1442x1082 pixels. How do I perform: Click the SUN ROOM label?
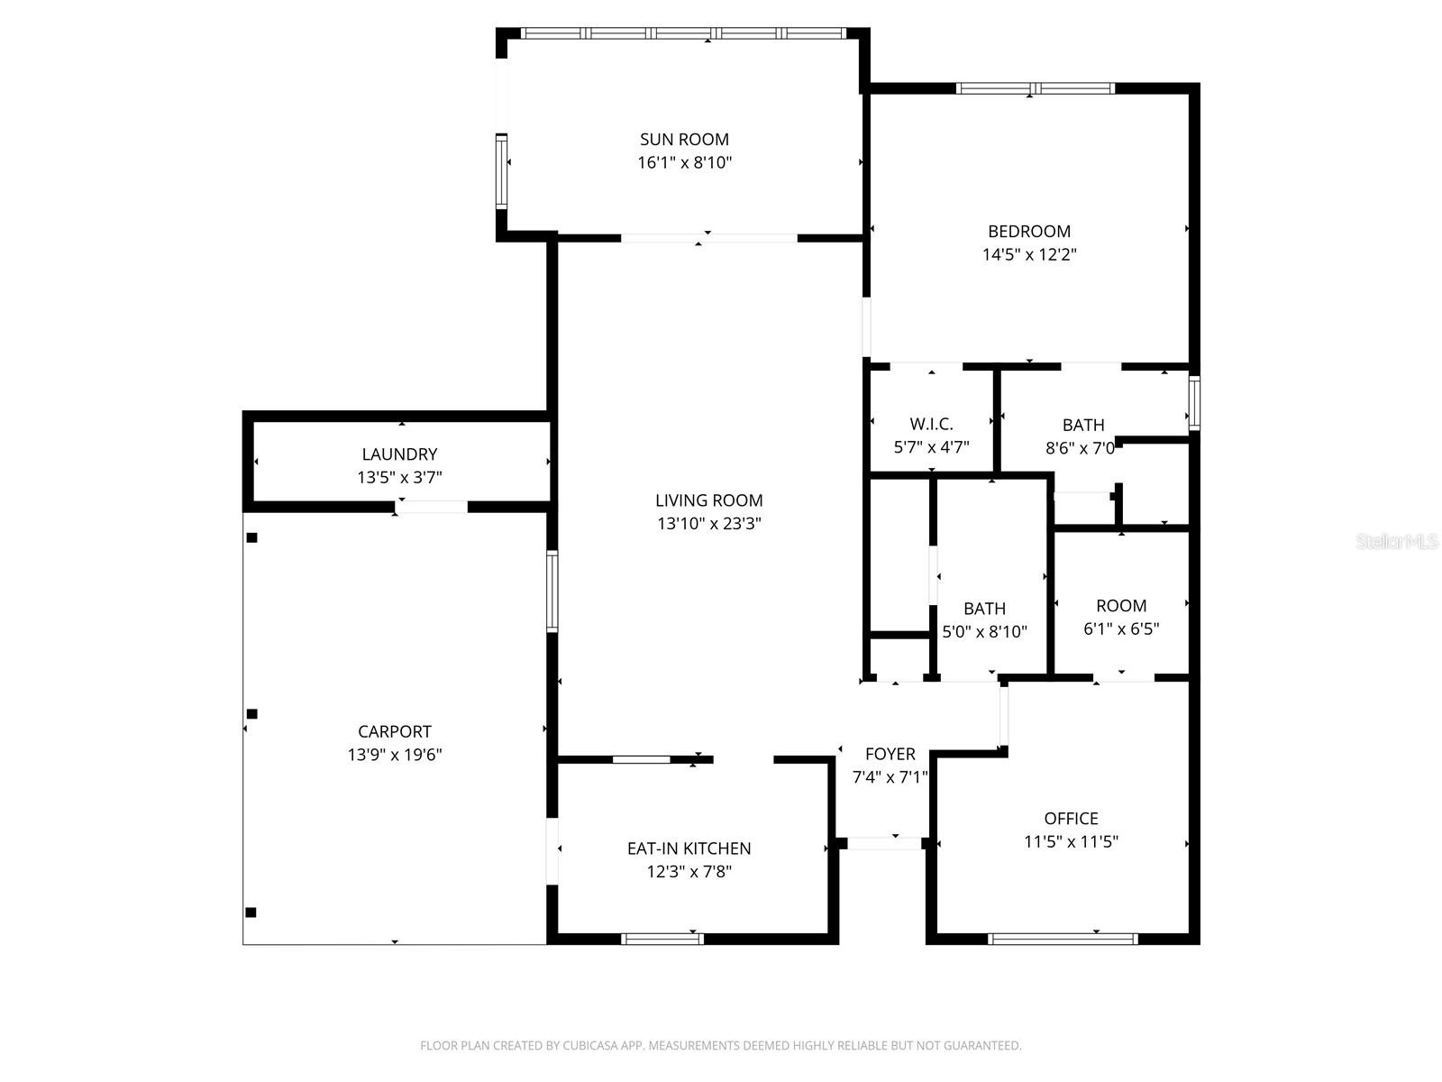[684, 140]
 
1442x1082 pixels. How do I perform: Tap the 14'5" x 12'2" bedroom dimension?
[1029, 255]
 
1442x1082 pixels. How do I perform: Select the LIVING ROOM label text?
[708, 500]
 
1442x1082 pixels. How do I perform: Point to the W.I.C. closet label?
[931, 425]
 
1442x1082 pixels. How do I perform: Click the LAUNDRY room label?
[399, 454]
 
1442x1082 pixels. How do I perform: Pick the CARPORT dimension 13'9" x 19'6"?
[395, 756]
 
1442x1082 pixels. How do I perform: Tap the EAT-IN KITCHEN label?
[689, 848]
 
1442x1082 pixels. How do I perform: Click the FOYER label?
[890, 754]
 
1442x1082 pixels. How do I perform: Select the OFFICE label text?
[1071, 819]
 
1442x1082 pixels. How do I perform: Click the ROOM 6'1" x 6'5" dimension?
[1121, 629]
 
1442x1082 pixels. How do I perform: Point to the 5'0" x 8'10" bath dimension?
[984, 632]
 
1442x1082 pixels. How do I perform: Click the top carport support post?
[252, 538]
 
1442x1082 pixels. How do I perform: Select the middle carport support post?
[252, 714]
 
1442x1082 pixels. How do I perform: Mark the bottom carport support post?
[251, 912]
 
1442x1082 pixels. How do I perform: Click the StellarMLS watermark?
[1397, 542]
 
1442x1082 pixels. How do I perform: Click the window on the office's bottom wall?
[1063, 939]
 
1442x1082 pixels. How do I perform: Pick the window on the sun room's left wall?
[501, 171]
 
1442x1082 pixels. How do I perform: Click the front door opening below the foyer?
[884, 844]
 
